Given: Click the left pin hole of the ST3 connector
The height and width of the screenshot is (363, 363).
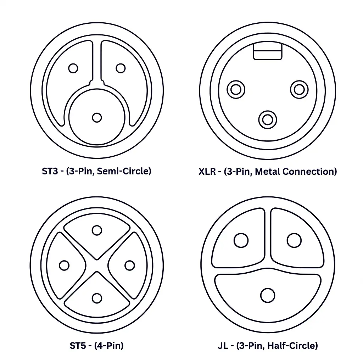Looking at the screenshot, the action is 73,68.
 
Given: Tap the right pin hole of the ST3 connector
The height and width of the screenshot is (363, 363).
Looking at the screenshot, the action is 121,68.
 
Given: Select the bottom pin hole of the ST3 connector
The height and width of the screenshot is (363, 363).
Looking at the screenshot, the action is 97,118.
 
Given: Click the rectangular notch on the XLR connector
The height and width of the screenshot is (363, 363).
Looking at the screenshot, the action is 268,51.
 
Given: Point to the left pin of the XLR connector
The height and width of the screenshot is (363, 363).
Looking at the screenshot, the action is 236,90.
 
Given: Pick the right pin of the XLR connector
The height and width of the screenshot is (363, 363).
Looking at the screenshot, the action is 299,90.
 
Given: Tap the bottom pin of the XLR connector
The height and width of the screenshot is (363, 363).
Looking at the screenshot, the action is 268,120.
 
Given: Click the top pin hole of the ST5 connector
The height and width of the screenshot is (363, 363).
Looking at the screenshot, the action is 97,230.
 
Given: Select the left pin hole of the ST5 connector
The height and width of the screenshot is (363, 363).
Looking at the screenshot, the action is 64,266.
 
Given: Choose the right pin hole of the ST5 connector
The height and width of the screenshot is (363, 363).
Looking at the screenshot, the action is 130,266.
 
